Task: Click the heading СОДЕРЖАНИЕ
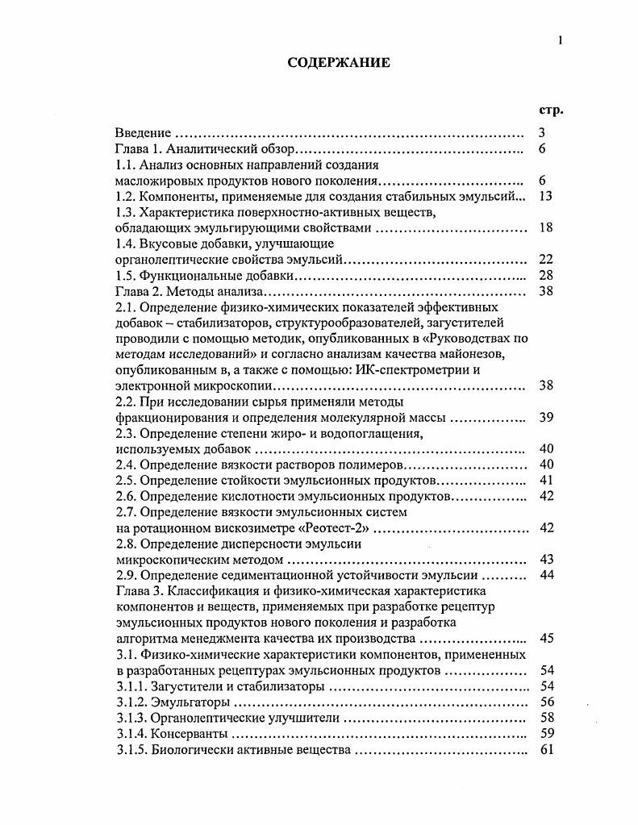(x=339, y=63)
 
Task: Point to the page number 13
(x=544, y=196)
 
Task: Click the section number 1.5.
(x=126, y=275)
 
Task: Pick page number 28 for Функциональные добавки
(x=544, y=275)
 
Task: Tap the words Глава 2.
(x=139, y=291)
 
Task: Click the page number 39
(x=544, y=417)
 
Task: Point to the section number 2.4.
(x=126, y=465)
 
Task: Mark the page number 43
(x=544, y=559)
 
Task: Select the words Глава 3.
(x=139, y=590)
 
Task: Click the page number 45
(x=544, y=638)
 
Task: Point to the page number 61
(x=544, y=749)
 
